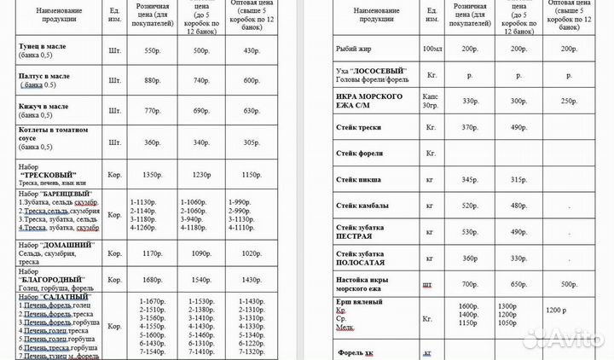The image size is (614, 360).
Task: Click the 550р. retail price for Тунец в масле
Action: click(152, 51)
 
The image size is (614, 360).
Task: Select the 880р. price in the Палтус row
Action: click(152, 80)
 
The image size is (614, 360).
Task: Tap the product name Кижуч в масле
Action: click(43, 106)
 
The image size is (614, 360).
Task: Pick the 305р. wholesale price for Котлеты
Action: click(252, 142)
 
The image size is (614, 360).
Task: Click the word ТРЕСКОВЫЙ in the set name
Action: click(55, 175)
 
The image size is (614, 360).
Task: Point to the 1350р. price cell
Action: click(152, 175)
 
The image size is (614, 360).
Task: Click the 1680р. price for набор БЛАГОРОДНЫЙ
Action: click(152, 280)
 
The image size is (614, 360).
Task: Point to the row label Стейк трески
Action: click(358, 128)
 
